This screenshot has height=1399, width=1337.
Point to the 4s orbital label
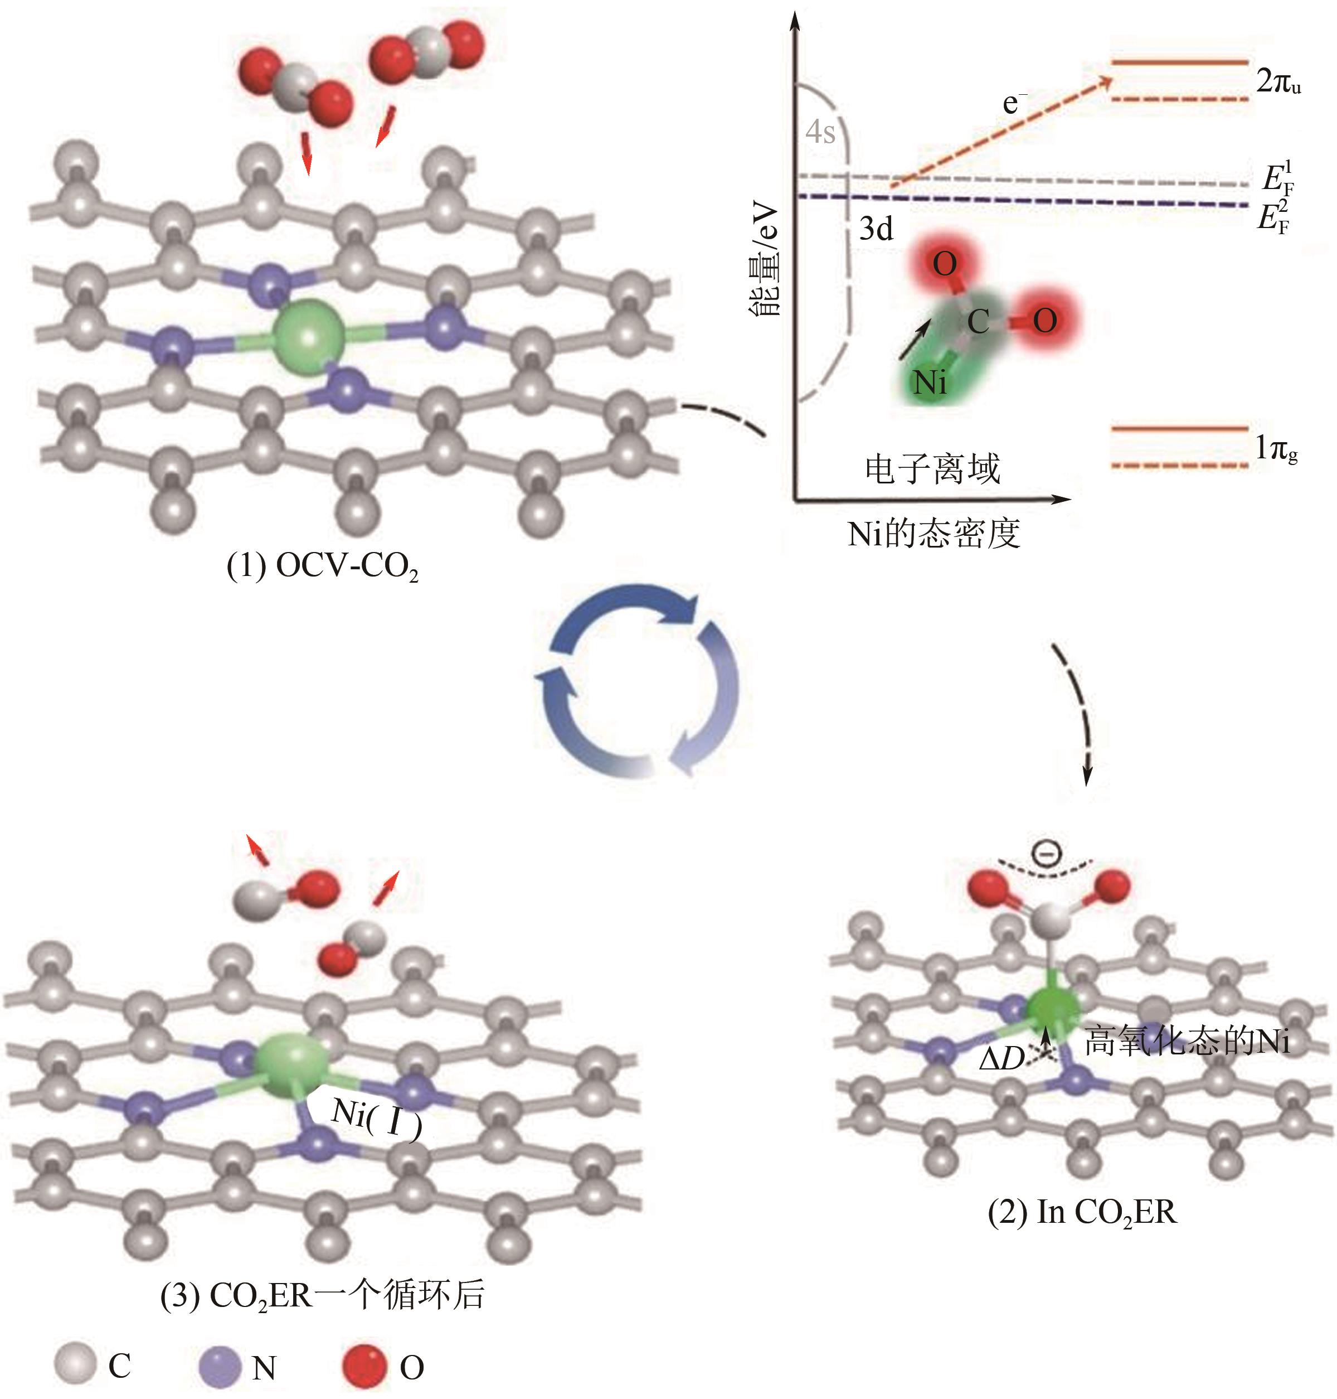(x=820, y=133)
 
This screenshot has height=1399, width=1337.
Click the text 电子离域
(x=932, y=469)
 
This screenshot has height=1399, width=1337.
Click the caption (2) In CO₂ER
(x=1082, y=1212)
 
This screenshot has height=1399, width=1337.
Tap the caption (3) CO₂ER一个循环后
(x=322, y=1294)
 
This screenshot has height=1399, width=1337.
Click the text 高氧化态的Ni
(x=1186, y=1042)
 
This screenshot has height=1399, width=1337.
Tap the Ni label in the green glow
(x=930, y=383)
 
